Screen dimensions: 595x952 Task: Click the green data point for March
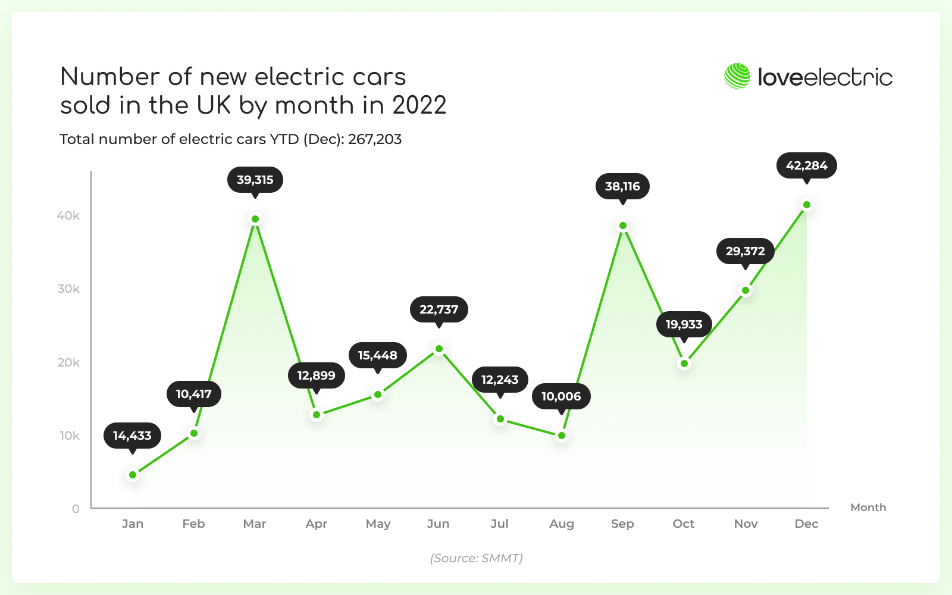click(x=255, y=219)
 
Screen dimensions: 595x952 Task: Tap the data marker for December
click(x=807, y=205)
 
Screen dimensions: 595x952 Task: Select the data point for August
click(x=562, y=436)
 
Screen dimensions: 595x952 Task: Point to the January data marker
click(x=133, y=475)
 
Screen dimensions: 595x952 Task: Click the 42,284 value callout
click(x=807, y=165)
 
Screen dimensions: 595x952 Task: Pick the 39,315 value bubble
click(x=255, y=180)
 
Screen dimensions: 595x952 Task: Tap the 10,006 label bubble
click(x=561, y=396)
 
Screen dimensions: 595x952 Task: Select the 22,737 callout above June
click(x=439, y=309)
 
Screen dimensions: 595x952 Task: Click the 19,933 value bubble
click(x=684, y=324)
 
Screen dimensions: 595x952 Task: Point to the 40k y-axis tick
click(x=68, y=215)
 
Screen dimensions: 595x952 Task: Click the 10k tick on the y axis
click(x=69, y=436)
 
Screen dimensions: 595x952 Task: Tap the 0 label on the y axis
click(x=76, y=509)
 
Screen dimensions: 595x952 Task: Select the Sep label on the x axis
click(x=622, y=524)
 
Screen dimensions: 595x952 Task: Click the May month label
click(x=378, y=524)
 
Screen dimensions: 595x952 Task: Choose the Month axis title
click(x=868, y=508)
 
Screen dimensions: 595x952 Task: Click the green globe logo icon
click(x=737, y=77)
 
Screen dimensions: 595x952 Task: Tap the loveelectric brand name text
click(x=825, y=77)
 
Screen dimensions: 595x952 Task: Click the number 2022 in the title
click(x=419, y=105)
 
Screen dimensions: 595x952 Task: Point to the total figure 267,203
click(x=375, y=139)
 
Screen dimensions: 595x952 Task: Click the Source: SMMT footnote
click(x=476, y=558)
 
